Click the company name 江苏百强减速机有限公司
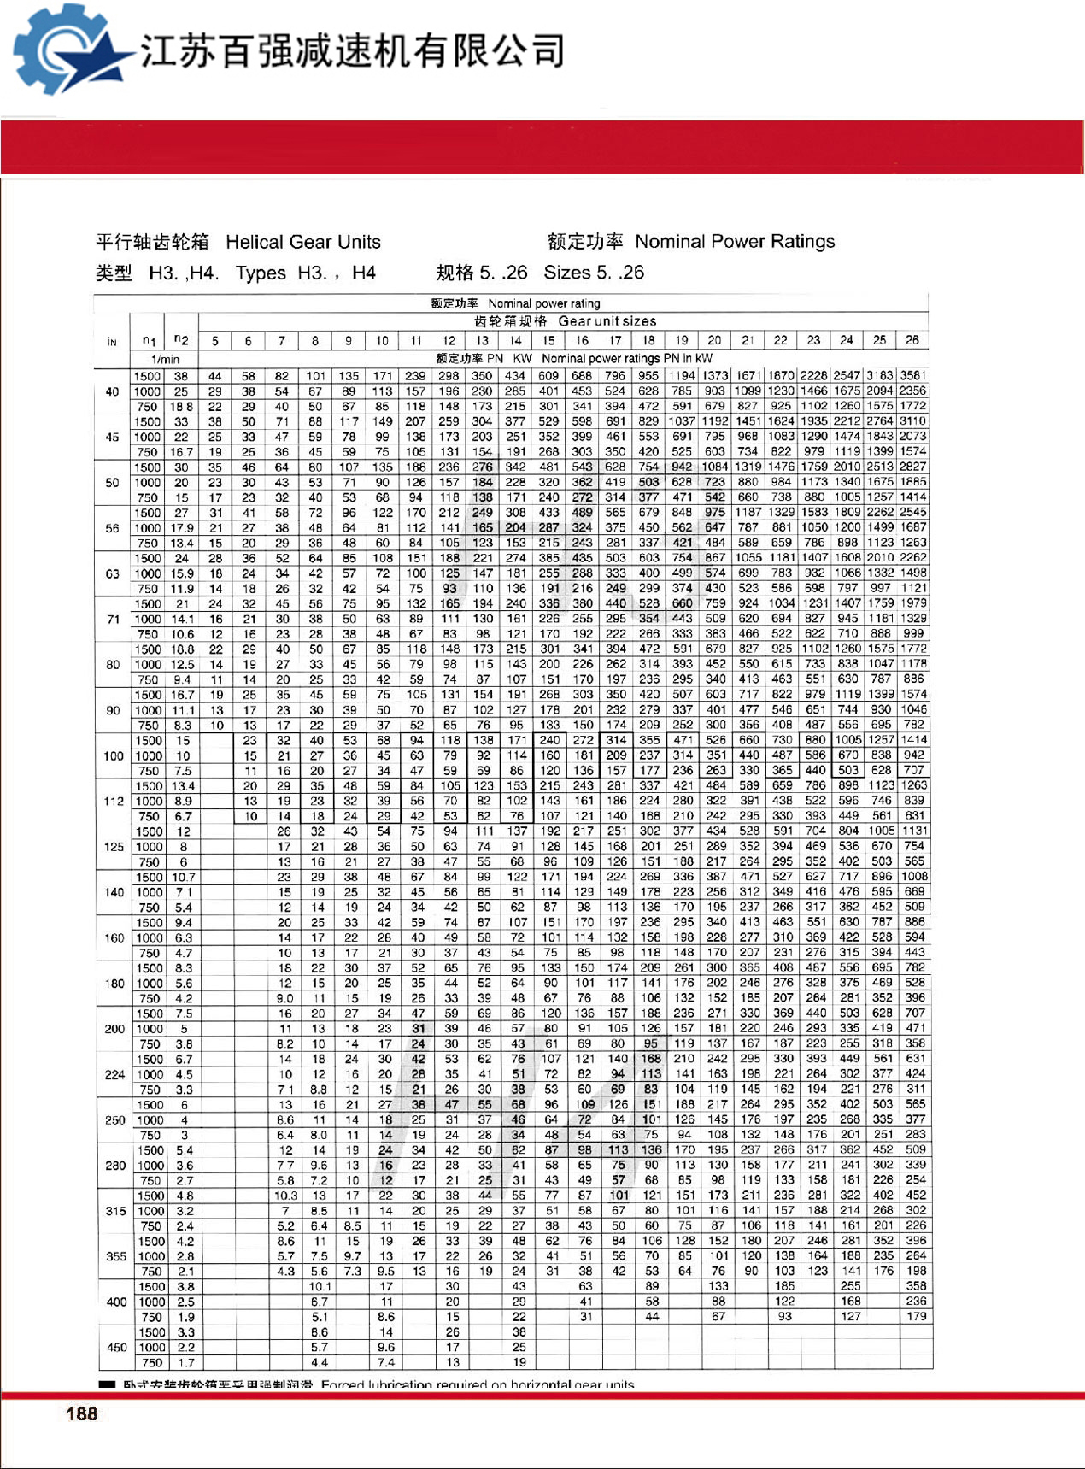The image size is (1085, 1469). tap(352, 51)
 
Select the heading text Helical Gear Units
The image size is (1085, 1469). tap(303, 242)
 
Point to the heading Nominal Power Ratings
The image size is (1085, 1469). tap(735, 241)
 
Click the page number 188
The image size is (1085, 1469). tap(82, 1413)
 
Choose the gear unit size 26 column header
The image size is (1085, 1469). tap(912, 340)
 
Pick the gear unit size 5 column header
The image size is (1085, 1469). tap(215, 341)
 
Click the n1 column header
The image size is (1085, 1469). tap(149, 341)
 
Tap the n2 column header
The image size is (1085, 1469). tap(181, 340)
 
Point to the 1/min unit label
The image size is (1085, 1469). tap(166, 360)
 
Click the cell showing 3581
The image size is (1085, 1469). tap(912, 375)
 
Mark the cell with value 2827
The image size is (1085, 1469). tap(912, 467)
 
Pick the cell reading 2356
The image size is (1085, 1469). tap(912, 391)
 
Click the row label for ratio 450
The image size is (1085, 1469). tap(116, 1347)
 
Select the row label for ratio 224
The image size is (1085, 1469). tap(114, 1074)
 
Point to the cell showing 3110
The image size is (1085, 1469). tap(912, 421)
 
